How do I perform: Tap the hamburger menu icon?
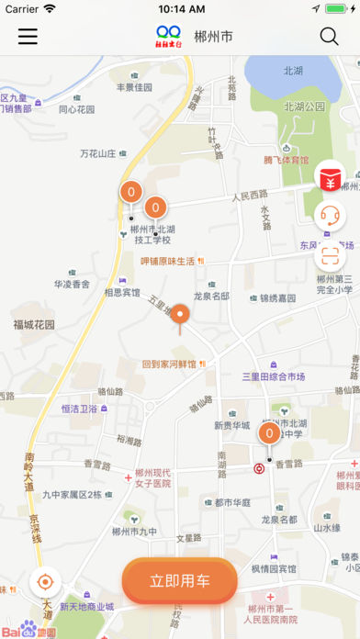point(28,37)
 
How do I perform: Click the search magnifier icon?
point(329,37)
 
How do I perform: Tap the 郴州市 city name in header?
point(213,38)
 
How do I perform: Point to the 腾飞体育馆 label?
point(287,160)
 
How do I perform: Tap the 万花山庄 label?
point(98,153)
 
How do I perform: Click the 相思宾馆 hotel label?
point(121,293)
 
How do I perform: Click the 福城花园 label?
point(34,324)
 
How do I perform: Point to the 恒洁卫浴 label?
point(80,409)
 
